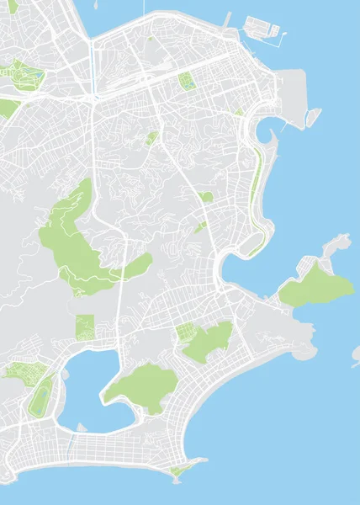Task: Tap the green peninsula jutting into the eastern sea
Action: [315, 286]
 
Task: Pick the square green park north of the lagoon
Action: [85, 327]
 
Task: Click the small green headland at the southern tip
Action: [179, 470]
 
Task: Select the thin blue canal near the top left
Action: [91, 63]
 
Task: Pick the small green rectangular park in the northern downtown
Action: [186, 81]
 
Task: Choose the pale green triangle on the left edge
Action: [8, 108]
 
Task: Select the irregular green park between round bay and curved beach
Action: [206, 341]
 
